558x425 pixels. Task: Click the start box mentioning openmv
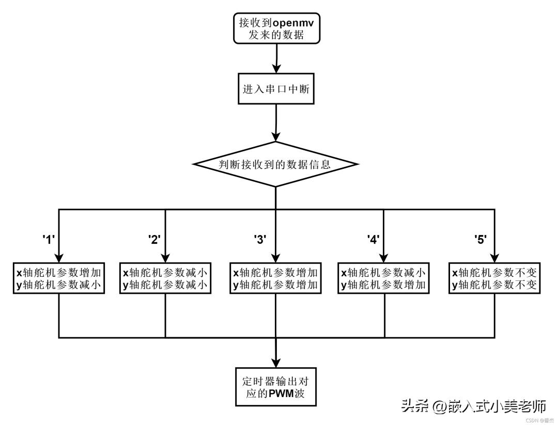(x=276, y=29)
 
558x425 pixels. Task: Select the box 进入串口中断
(x=276, y=89)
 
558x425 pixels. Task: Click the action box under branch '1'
(x=59, y=278)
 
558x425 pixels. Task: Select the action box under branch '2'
(x=166, y=278)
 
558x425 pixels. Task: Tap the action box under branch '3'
(x=275, y=278)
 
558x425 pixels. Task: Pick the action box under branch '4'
(x=384, y=278)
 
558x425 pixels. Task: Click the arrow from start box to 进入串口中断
(x=277, y=58)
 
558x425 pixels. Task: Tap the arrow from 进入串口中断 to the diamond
(x=276, y=123)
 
